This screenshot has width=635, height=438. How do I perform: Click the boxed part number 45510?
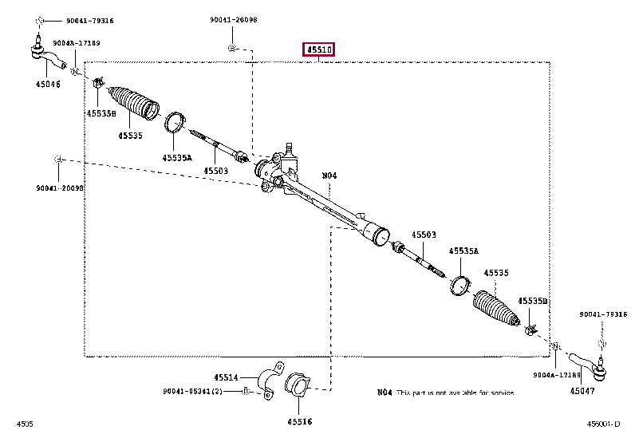pyautogui.click(x=317, y=50)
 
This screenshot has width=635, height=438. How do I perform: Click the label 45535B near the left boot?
pyautogui.click(x=101, y=113)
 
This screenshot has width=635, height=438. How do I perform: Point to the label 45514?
pyautogui.click(x=226, y=377)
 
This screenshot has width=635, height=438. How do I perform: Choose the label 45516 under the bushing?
pyautogui.click(x=300, y=420)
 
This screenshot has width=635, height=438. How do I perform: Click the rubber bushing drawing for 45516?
pyautogui.click(x=300, y=386)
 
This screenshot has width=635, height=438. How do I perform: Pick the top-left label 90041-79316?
pyautogui.click(x=69, y=20)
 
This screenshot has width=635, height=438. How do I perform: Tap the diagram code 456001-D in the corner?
pyautogui.click(x=603, y=422)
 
